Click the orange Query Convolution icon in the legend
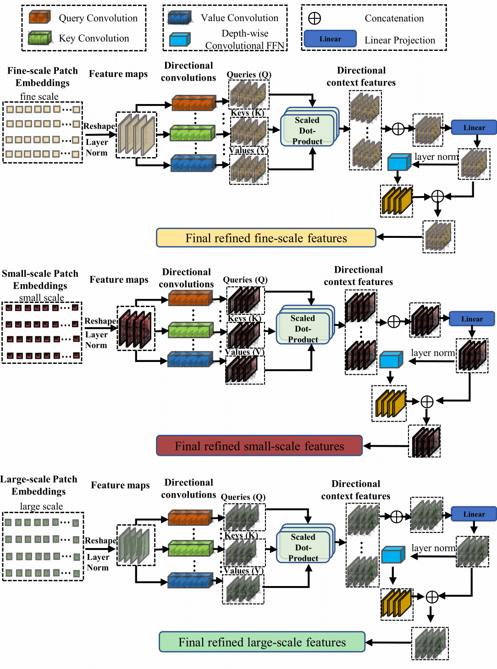39,18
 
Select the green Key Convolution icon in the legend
39,38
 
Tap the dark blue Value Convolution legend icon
179,18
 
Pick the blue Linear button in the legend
330,39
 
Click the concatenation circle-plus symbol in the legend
315,18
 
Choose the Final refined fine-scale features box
266,238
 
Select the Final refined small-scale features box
260,446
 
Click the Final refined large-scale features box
262,642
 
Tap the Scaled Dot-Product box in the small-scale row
303,329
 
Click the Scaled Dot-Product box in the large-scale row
304,547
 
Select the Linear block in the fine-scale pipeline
474,127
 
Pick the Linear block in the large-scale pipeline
474,514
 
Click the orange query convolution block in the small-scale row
190,299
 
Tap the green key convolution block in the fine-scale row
192,133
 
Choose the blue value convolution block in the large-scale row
190,581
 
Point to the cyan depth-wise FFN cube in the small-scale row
391,360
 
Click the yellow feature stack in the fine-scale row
397,200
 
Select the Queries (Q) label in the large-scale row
243,497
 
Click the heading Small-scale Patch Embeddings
40,280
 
